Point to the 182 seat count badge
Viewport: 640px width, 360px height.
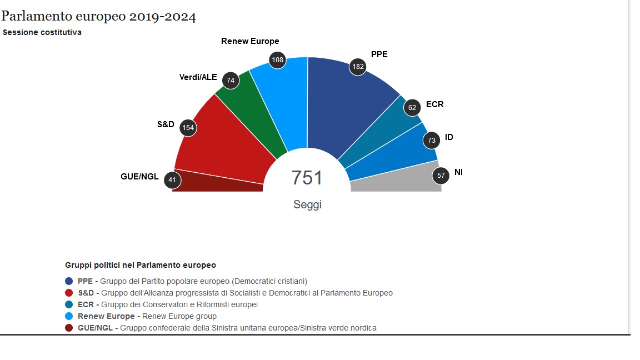[x=357, y=67]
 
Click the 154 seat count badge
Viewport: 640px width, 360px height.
[x=188, y=128]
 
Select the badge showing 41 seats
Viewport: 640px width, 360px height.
[x=172, y=180]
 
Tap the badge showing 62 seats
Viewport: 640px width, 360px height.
[x=412, y=108]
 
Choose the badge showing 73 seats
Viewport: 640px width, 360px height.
[x=432, y=141]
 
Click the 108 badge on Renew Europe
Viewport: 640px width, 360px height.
[x=277, y=60]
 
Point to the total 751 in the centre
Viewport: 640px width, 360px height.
[x=307, y=178]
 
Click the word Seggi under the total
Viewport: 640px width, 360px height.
[x=307, y=204]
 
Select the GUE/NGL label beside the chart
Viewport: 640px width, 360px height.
[x=139, y=177]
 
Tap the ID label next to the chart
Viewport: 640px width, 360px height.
[x=449, y=137]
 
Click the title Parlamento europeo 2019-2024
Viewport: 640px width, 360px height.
[x=98, y=17]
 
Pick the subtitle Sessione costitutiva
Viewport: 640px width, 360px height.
[x=42, y=32]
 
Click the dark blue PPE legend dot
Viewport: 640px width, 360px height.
[x=69, y=281]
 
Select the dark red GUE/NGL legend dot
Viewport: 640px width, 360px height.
[x=69, y=328]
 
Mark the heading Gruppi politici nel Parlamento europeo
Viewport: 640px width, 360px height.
[x=141, y=265]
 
